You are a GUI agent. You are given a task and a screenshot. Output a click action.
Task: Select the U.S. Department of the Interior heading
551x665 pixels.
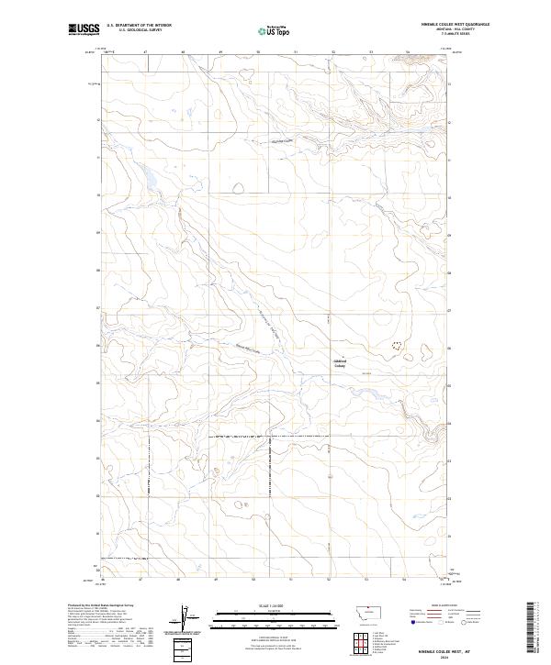coord(139,25)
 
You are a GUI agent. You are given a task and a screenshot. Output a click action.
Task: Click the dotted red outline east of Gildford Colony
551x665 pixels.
coord(397,346)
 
